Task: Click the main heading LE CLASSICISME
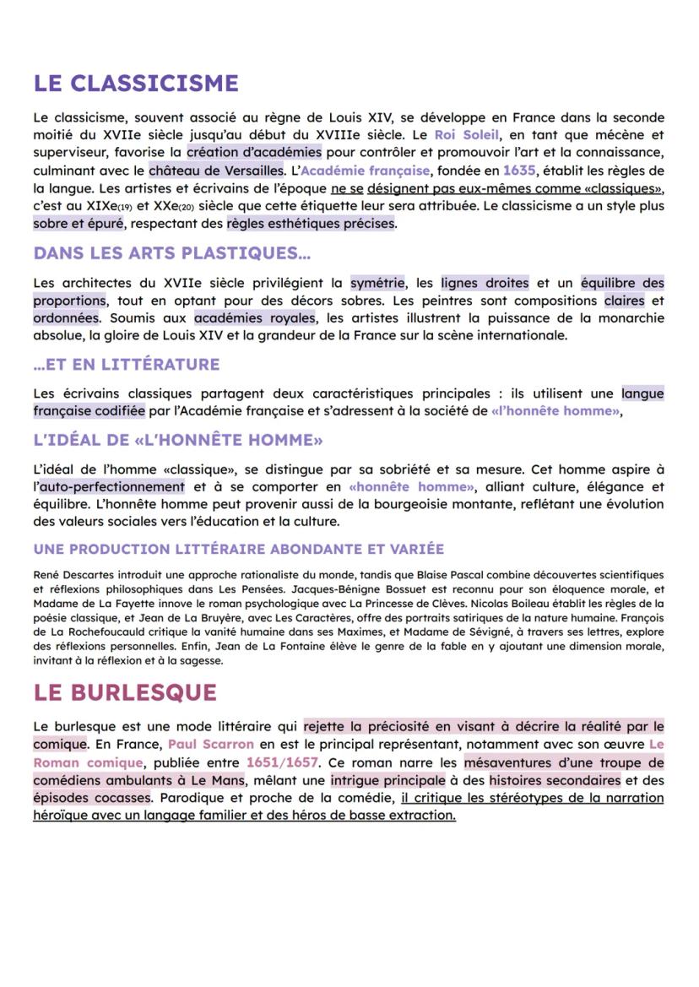point(136,84)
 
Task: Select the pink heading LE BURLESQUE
point(125,692)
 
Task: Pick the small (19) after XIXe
point(102,208)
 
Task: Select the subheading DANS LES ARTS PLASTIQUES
point(172,253)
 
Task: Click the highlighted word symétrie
point(377,283)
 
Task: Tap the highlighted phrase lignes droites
point(485,283)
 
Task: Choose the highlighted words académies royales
point(253,318)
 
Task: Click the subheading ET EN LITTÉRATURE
point(127,365)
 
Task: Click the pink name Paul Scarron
point(210,745)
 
